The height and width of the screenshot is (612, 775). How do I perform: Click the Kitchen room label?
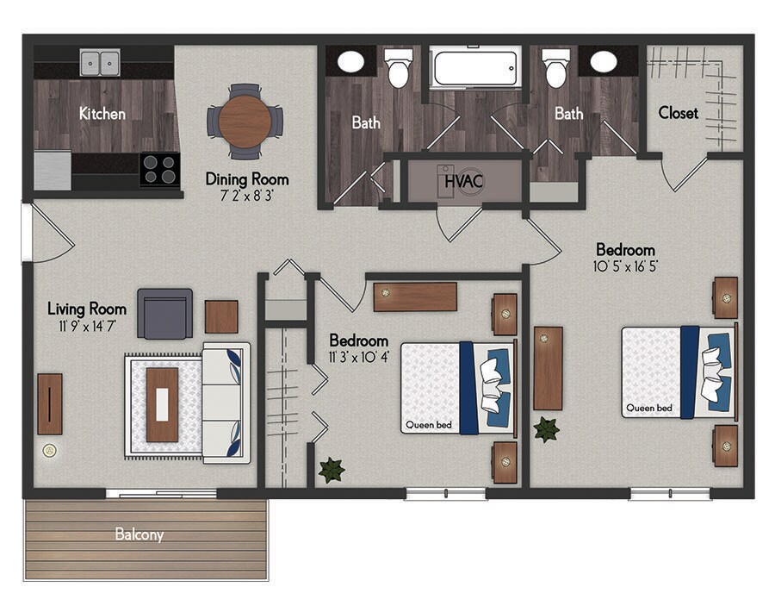coord(102,113)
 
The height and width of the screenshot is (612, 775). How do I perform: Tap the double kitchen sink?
coord(101,63)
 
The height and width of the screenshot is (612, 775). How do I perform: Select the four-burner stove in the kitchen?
coord(159,169)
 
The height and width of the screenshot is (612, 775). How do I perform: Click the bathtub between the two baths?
coord(475,67)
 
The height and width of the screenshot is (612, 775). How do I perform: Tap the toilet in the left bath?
coord(398,68)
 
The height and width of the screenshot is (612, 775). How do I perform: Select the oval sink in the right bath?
coord(603,62)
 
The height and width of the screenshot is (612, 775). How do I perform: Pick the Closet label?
coord(678,113)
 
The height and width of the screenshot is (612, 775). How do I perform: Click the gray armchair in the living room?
coord(164,314)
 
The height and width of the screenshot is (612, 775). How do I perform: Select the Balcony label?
coord(139,534)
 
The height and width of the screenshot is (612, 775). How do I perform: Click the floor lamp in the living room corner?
coord(50,450)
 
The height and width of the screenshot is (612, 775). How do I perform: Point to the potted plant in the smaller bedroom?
coord(332,470)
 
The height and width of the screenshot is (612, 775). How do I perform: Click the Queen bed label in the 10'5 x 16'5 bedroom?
coord(649,409)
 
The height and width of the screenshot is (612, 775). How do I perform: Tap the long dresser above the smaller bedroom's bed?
coord(415,297)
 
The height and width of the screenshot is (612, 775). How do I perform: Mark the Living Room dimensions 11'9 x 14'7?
coord(86,327)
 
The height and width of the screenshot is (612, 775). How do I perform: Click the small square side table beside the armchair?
coord(221,316)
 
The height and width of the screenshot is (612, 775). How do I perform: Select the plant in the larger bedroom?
coord(546,428)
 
